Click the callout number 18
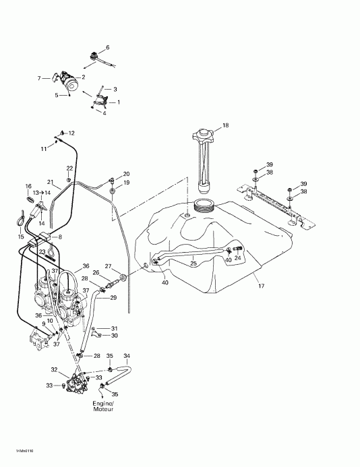click(x=226, y=125)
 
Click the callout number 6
click(x=107, y=46)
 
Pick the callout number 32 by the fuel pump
click(x=54, y=369)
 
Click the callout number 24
click(x=237, y=257)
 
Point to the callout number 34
click(x=127, y=355)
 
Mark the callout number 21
click(x=49, y=182)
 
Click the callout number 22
click(x=69, y=168)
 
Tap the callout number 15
click(x=20, y=237)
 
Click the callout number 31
click(x=114, y=328)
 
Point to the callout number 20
click(x=125, y=174)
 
